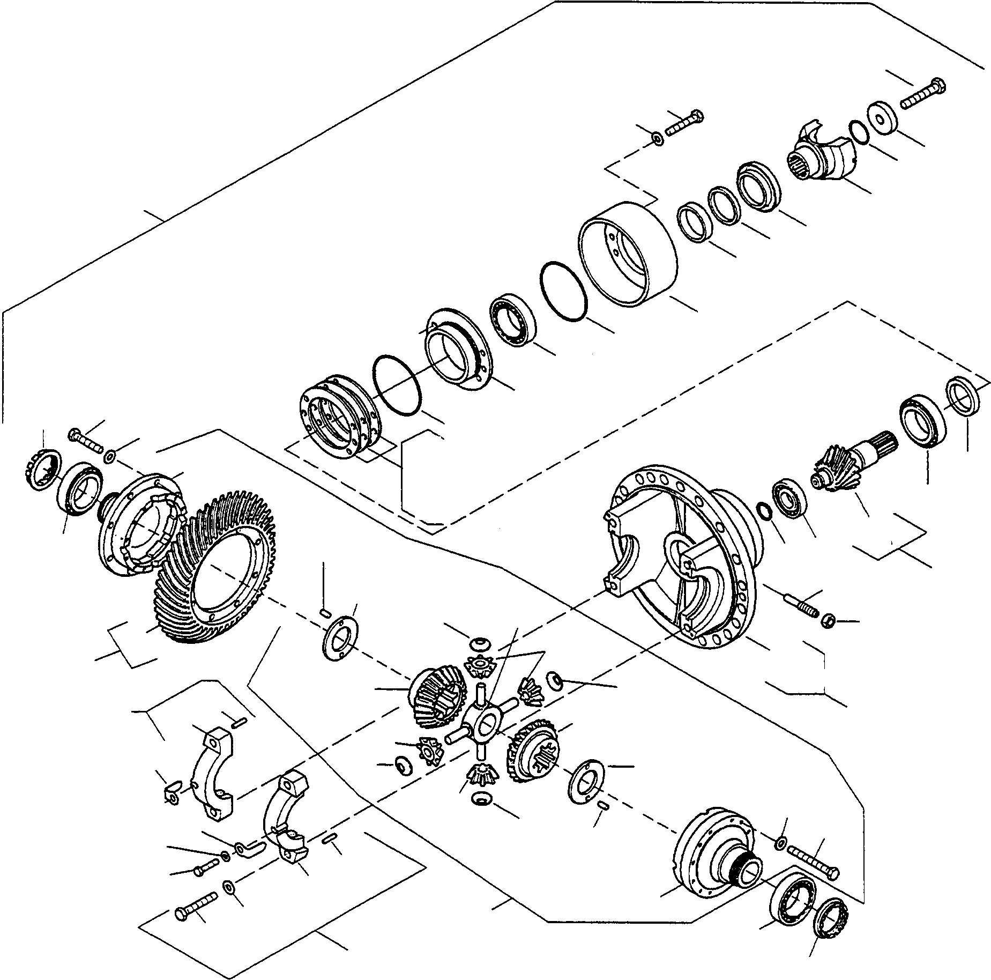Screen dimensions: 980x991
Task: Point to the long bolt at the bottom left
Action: pos(196,908)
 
